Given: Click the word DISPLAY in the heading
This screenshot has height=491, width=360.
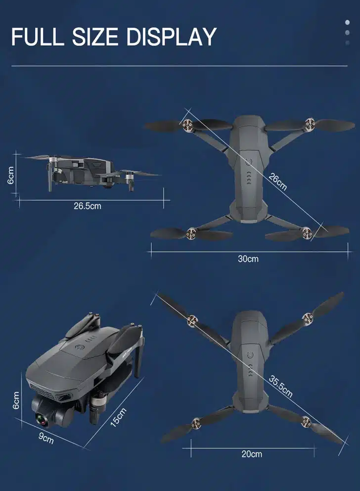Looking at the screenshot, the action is click(172, 37).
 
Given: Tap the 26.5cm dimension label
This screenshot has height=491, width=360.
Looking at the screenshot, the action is click(88, 206).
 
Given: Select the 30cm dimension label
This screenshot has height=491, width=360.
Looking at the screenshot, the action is click(248, 259).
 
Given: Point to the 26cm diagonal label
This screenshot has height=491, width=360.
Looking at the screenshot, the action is click(277, 182).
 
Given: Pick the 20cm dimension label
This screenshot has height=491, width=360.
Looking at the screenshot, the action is click(252, 454).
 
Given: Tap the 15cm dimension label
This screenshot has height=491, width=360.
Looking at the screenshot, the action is click(119, 417).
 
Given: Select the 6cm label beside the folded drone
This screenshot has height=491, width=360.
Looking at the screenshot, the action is click(16, 400).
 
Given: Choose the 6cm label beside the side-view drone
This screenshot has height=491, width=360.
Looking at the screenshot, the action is click(11, 175).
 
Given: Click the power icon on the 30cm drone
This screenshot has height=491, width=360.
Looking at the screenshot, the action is click(249, 162).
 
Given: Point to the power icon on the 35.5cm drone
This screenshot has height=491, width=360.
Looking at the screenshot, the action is click(250, 355).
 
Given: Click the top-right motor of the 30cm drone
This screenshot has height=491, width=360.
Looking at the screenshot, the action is click(310, 123).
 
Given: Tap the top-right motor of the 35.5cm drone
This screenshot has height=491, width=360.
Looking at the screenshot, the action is click(308, 319).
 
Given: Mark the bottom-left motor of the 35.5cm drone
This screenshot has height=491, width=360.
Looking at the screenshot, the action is click(196, 423).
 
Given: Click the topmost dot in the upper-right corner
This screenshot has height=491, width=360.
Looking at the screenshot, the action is click(347, 22).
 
